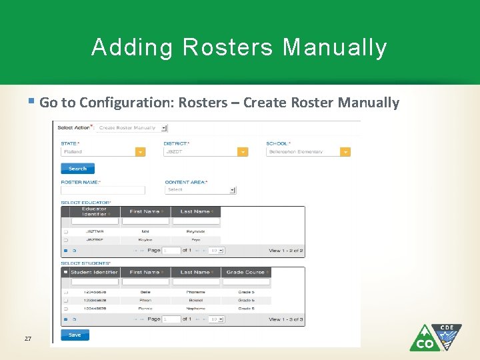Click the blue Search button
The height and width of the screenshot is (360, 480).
point(77,169)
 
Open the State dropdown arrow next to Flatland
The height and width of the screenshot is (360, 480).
point(140,152)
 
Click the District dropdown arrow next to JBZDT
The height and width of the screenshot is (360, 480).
point(243,152)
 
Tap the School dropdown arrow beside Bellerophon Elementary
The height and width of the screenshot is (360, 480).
point(345,152)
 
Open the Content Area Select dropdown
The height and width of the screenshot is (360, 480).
point(201,190)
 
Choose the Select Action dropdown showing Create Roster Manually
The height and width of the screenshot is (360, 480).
point(133,127)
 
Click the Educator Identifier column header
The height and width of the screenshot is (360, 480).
point(94,211)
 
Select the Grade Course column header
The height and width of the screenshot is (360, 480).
point(246,272)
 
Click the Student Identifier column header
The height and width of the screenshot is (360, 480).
point(94,272)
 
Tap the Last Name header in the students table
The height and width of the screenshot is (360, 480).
point(195,272)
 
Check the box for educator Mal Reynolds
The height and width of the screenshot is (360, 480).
point(65,232)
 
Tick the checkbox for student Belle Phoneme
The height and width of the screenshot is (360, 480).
point(65,292)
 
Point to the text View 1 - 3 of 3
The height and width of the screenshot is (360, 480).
point(286,319)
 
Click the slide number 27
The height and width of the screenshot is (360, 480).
point(28,339)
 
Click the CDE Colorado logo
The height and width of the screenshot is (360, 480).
point(435,337)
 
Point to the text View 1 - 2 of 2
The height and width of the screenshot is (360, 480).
point(286,251)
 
